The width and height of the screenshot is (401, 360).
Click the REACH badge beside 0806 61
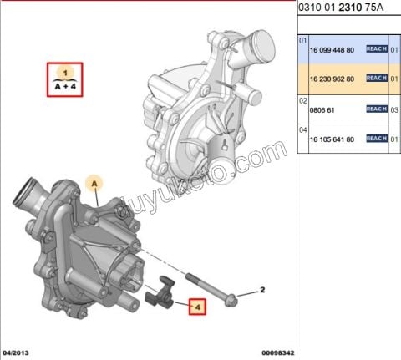point(376,109)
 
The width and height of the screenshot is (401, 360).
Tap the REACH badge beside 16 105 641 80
point(376,139)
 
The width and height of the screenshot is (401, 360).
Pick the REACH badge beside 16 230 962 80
point(376,79)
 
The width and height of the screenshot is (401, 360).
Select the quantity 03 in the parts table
point(393,109)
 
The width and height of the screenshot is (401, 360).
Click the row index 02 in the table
point(304,99)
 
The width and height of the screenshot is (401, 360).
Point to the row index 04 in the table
point(304,129)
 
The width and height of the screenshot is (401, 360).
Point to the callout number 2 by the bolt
point(261,291)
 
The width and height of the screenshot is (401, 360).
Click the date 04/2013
point(18,352)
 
